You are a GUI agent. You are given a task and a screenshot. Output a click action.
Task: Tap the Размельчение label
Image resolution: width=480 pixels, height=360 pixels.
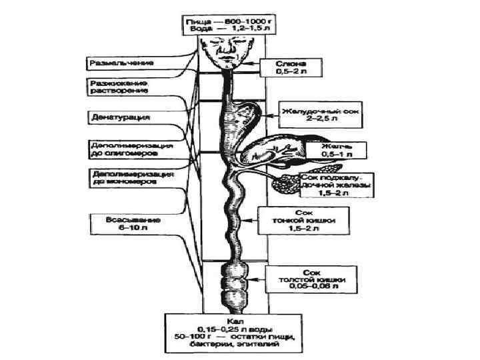pyautogui.click(x=123, y=62)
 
